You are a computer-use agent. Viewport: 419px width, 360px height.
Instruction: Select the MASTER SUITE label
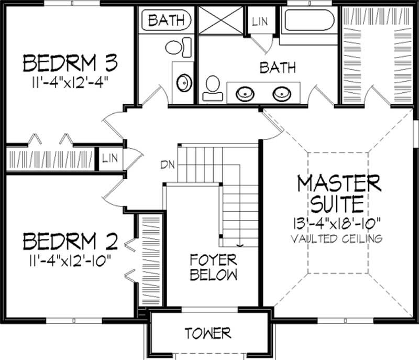338,192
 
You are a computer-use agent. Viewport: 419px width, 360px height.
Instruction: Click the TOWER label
208,333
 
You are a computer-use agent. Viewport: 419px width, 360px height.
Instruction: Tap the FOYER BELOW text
213,267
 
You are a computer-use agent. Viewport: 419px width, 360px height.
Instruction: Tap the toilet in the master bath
213,88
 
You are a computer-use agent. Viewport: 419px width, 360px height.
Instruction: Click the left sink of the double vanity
244,94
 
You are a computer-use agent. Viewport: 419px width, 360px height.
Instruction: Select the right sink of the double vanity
281,94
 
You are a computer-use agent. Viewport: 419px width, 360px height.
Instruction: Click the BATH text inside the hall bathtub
166,21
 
